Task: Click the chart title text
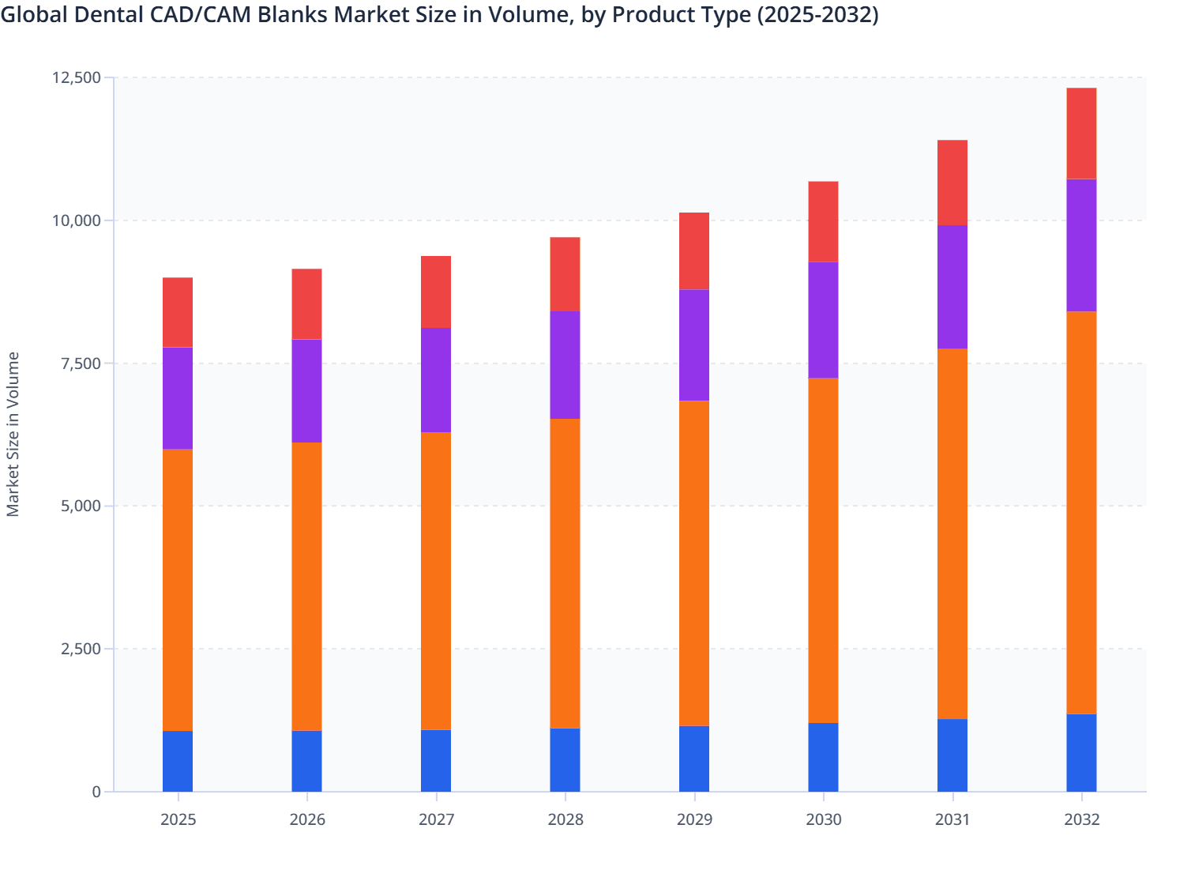click(439, 15)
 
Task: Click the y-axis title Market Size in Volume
click(13, 434)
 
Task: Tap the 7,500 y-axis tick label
click(81, 363)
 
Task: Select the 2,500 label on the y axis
click(81, 649)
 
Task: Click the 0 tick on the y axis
click(96, 792)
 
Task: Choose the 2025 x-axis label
click(178, 819)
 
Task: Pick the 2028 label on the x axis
click(565, 819)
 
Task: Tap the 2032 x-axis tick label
click(1081, 819)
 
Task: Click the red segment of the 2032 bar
click(1081, 134)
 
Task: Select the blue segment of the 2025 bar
click(178, 761)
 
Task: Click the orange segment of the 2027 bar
click(436, 581)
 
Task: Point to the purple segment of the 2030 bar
click(823, 320)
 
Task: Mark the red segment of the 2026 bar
click(306, 304)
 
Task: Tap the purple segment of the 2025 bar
click(178, 398)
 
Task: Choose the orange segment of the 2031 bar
click(952, 533)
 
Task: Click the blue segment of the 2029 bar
click(694, 759)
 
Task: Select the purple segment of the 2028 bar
click(565, 364)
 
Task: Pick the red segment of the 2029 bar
click(694, 251)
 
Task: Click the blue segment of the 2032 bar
click(1081, 752)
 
